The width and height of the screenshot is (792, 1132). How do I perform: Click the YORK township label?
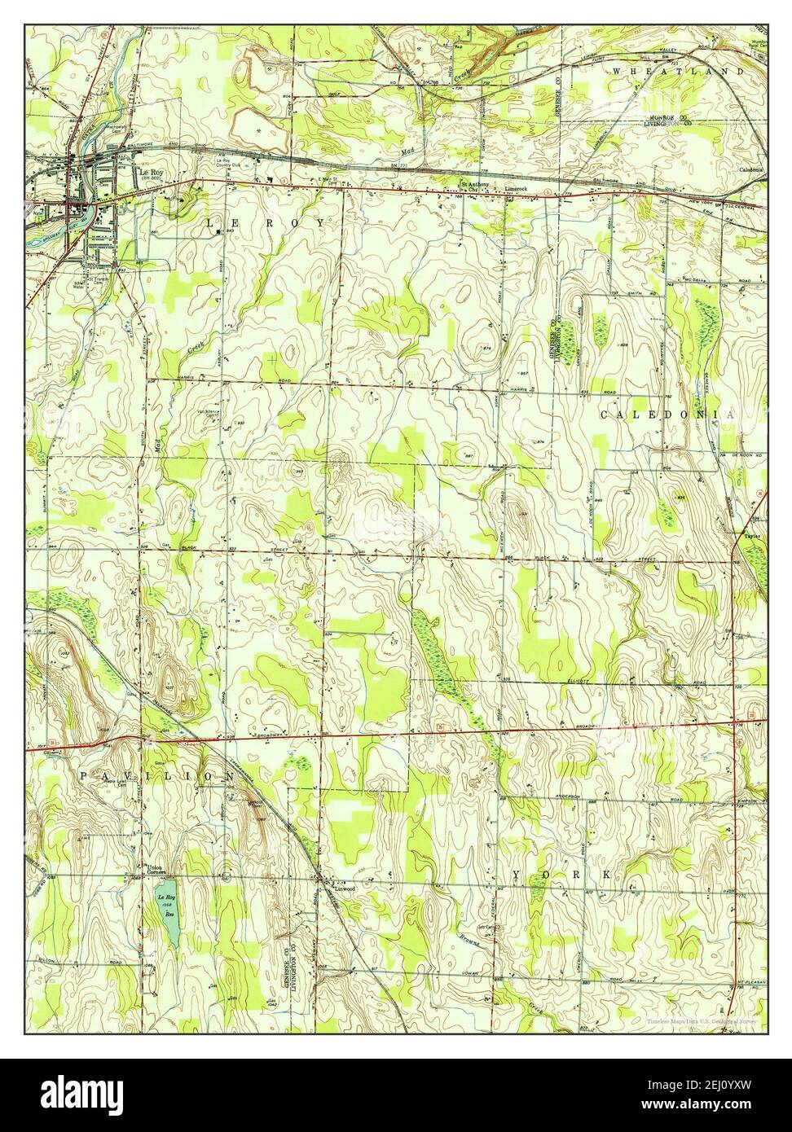click(x=562, y=875)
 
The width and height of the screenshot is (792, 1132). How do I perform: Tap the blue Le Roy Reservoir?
click(x=169, y=912)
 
